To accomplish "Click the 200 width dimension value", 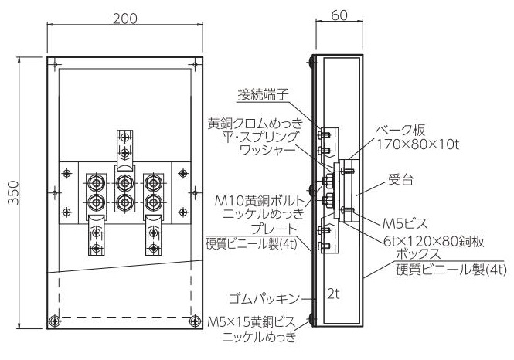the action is [125, 19].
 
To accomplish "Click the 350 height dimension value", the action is [14, 192].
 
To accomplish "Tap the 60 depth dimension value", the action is [339, 15].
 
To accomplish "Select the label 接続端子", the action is [263, 95].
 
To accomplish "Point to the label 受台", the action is [400, 180].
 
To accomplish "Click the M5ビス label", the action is [405, 223].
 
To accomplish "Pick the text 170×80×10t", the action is [417, 144].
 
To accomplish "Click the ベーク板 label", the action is [400, 130].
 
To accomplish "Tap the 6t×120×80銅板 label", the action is [434, 242].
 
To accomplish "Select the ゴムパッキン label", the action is [264, 298].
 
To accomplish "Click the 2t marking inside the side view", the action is [333, 294].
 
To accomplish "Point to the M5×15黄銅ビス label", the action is [252, 322].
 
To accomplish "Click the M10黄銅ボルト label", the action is [260, 200].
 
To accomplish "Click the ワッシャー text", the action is [267, 151].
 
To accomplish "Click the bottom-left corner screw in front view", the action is [54, 321].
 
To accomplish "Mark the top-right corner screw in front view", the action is [196, 64].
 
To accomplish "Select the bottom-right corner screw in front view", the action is [196, 321].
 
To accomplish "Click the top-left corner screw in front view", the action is [55, 64].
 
